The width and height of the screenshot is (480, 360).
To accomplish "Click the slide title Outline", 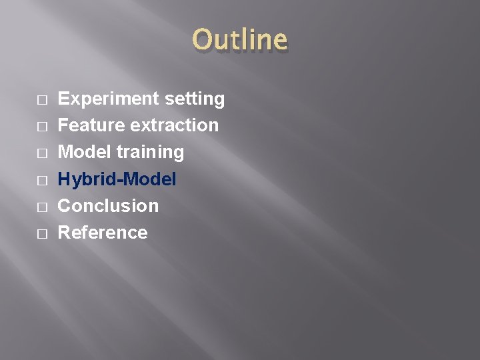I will [x=239, y=39].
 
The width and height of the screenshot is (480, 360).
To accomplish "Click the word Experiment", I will [x=109, y=99].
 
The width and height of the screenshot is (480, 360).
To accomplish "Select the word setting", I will [x=195, y=99].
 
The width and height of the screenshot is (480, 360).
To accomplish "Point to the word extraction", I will [x=175, y=125].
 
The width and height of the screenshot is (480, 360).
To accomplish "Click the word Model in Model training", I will [x=85, y=152].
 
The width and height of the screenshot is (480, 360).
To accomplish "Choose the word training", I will [x=150, y=153].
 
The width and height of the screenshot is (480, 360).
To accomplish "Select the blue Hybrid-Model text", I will [x=117, y=179].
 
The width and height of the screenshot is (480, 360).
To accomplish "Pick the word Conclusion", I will [x=109, y=205].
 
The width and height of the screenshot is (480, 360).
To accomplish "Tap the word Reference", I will [x=103, y=232].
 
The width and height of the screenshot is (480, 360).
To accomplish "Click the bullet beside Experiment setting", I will [x=42, y=100].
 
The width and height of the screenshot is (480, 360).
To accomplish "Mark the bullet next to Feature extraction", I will [x=42, y=127].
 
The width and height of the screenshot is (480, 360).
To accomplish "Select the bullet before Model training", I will [x=42, y=153].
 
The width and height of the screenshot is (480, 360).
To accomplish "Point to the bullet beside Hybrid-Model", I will [x=42, y=180].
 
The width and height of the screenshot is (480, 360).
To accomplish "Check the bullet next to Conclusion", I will [x=42, y=207].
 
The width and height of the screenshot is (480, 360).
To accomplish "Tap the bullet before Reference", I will [x=42, y=233].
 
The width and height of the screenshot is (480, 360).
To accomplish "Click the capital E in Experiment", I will [x=64, y=99].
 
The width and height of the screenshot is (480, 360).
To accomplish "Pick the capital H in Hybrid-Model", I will [x=65, y=179].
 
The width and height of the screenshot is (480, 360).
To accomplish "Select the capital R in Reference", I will [x=65, y=232].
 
